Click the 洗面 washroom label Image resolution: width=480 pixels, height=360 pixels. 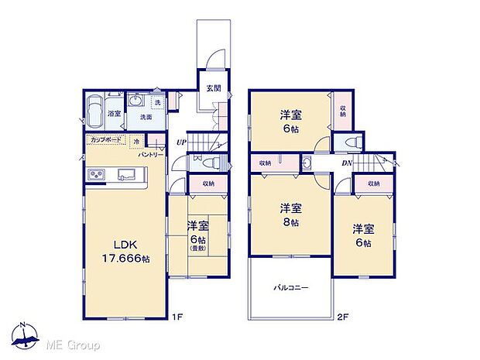click(145, 118)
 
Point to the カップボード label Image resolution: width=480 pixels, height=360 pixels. click(105, 141)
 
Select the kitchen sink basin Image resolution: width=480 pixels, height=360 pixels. click(126, 176)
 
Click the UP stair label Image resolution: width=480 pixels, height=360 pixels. click(181, 142)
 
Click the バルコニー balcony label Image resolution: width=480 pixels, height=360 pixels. click(290, 287)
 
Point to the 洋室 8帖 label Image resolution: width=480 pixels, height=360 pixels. click(290, 214)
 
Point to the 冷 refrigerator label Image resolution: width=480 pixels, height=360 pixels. click(136, 142)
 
